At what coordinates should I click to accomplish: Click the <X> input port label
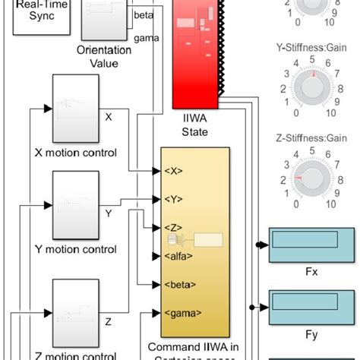click(173, 171)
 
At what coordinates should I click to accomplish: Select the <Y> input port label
click(173, 200)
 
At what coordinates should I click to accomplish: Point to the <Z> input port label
click(173, 228)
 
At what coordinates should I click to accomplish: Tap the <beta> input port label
click(176, 285)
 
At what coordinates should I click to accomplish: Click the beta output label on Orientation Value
click(142, 14)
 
